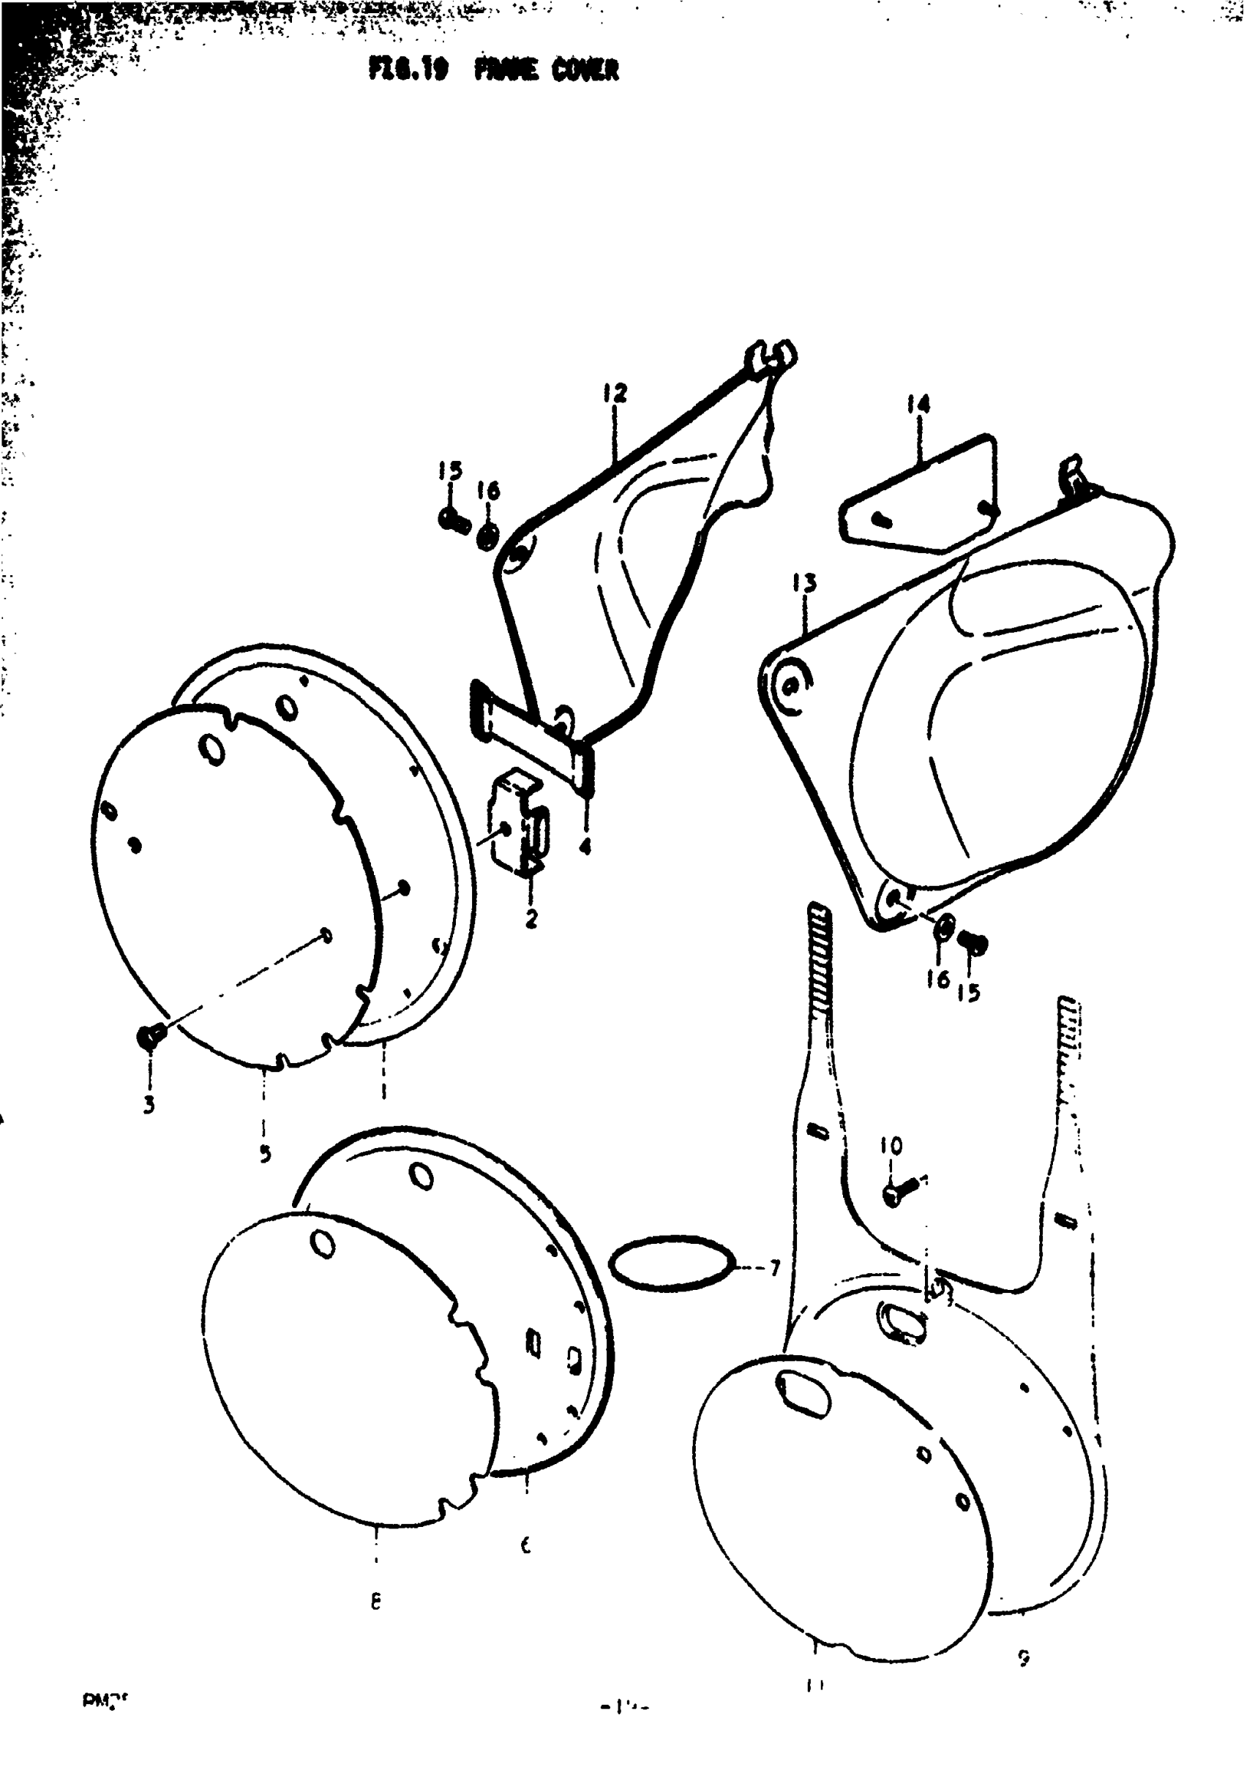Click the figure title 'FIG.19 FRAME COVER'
click(x=492, y=71)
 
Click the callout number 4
click(x=585, y=847)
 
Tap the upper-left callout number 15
click(x=450, y=470)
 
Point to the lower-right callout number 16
click(x=937, y=979)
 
